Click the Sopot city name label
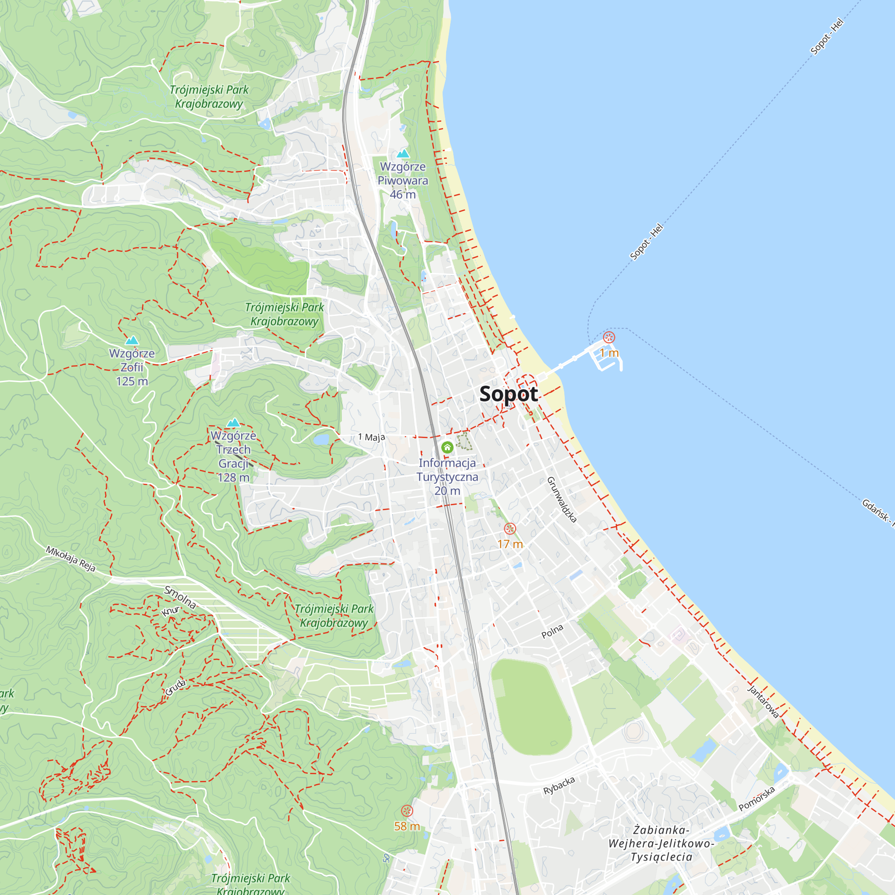pos(508,394)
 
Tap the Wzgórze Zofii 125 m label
pos(132,367)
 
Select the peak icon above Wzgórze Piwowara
pos(403,153)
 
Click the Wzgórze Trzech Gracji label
pos(234,456)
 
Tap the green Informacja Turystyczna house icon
pos(447,447)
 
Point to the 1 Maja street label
pos(371,437)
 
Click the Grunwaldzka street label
pos(562,499)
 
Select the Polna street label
pos(552,631)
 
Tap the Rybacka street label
pos(559,786)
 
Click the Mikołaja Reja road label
pos(71,558)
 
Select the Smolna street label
pos(180,597)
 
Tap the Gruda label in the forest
pos(175,687)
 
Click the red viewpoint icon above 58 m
pos(407,811)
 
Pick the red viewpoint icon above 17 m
pos(510,528)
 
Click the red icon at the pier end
pos(609,337)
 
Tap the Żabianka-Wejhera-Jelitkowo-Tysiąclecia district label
pos(661,843)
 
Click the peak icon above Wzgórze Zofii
pos(132,341)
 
